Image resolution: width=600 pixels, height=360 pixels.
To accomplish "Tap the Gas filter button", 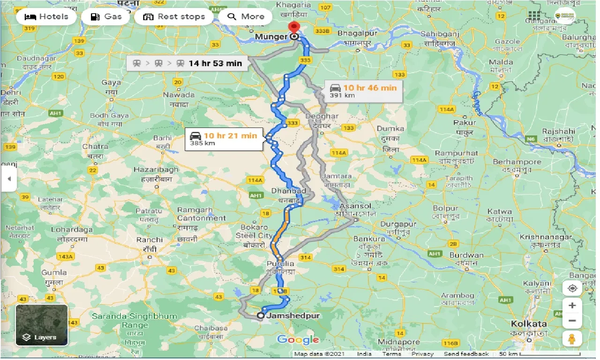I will (106, 17).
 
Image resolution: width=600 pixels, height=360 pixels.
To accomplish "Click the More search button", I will (246, 17).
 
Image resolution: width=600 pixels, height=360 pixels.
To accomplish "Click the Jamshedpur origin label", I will (293, 316).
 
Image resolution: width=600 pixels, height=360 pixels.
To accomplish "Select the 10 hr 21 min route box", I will (224, 139).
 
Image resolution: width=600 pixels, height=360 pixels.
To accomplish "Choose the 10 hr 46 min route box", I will (363, 91).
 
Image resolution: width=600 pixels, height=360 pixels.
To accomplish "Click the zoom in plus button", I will (572, 306).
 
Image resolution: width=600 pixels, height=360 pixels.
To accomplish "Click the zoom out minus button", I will (572, 322).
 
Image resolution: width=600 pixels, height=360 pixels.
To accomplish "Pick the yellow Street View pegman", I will (572, 338).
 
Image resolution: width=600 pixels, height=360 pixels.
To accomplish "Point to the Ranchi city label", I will (150, 240).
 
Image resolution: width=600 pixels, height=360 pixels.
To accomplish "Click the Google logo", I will (298, 340).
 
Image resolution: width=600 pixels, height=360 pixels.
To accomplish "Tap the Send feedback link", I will (466, 354).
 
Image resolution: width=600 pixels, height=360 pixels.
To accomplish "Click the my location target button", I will (572, 288).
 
